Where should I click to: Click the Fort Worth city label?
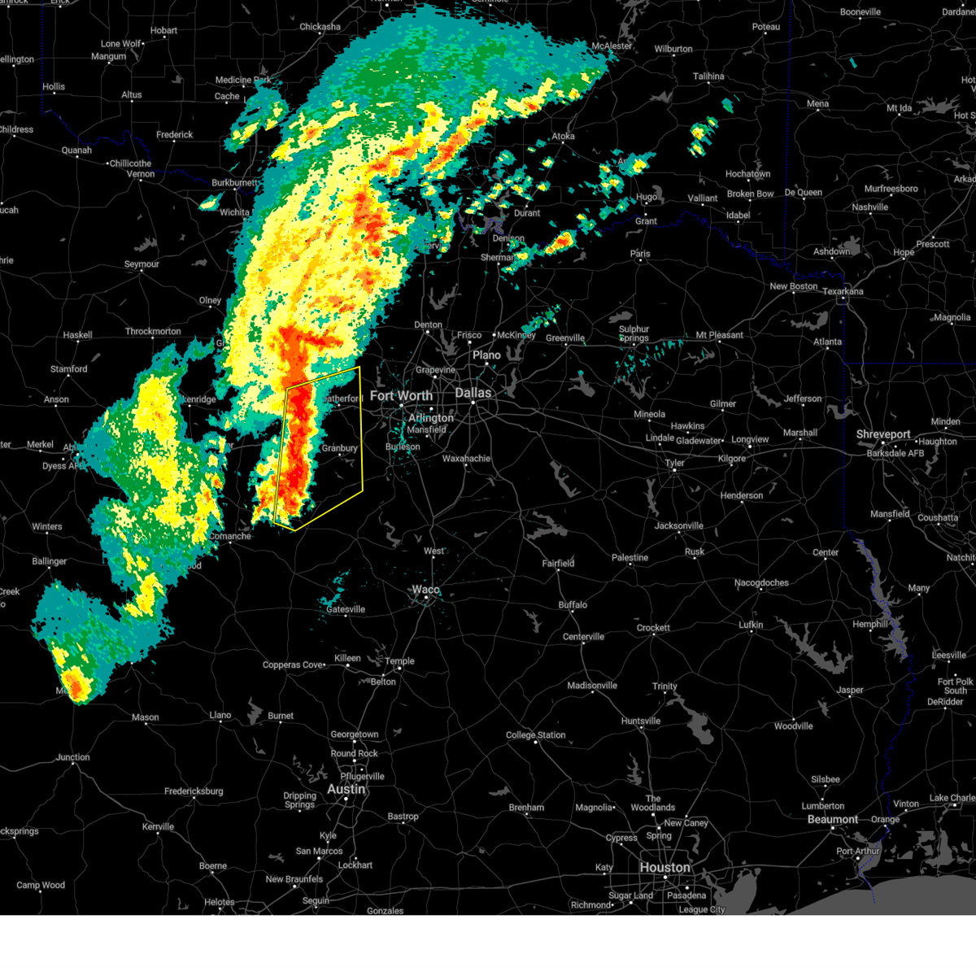click(x=401, y=396)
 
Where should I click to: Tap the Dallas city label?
click(x=473, y=393)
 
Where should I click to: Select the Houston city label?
click(x=664, y=868)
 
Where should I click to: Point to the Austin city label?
click(x=346, y=789)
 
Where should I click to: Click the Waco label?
click(x=425, y=590)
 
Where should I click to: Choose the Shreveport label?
click(x=883, y=434)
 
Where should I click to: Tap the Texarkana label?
click(x=843, y=291)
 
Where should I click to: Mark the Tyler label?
click(x=674, y=463)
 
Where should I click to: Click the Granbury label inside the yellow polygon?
click(x=339, y=448)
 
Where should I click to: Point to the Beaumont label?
click(x=833, y=819)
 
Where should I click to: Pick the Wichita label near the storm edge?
click(x=234, y=212)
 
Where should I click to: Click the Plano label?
click(x=486, y=355)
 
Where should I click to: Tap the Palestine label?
click(x=630, y=558)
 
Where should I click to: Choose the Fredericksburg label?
click(x=194, y=791)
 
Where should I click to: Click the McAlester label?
click(x=612, y=46)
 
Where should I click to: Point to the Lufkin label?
click(x=751, y=625)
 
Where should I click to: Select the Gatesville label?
click(x=346, y=609)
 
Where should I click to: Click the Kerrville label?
click(x=158, y=826)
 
